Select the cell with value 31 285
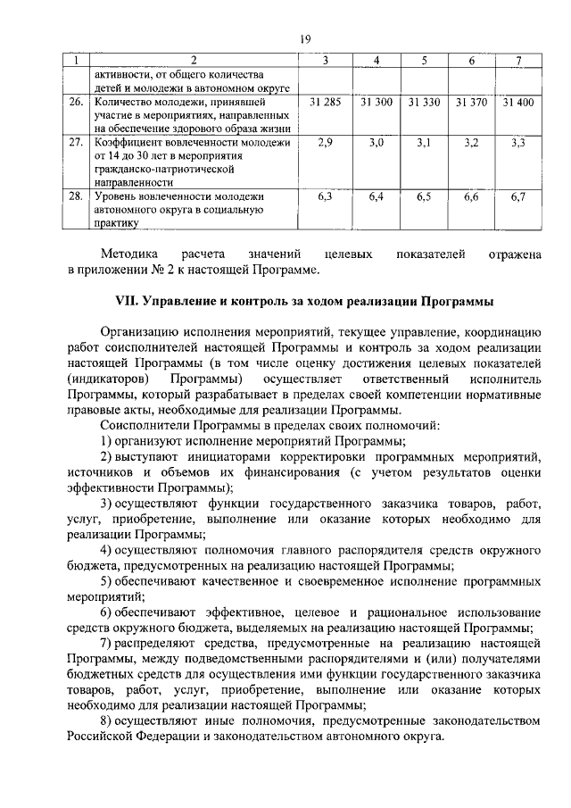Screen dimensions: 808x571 coord(326,104)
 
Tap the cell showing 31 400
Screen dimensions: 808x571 coord(518,104)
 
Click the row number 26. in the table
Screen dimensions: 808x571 coord(78,104)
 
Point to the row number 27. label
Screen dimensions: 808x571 coord(78,143)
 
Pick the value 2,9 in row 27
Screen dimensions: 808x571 coord(326,143)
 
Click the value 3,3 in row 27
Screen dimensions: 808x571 coord(518,143)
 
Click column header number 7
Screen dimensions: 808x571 coord(518,60)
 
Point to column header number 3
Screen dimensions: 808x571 coord(326,60)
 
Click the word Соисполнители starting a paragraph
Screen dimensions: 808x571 coord(145,424)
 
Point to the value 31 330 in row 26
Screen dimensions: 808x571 coord(424,104)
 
